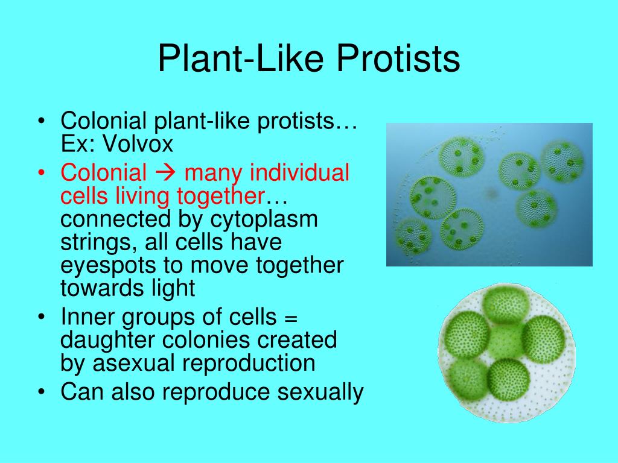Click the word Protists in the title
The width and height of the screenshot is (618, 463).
[x=398, y=58]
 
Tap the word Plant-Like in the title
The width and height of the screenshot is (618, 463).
[x=241, y=58]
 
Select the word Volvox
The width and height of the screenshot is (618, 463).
[x=138, y=143]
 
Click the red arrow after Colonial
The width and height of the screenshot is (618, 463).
[x=165, y=173]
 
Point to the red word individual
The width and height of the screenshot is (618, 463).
[x=299, y=172]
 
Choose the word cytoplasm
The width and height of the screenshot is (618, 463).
[x=264, y=220]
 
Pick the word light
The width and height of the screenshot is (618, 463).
[x=173, y=288]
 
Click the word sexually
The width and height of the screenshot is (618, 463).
[x=320, y=392]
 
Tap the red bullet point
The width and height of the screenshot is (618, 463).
[x=42, y=173]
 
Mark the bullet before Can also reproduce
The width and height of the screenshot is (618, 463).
[x=42, y=392]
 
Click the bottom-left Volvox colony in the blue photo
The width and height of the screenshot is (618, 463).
[x=413, y=236]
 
